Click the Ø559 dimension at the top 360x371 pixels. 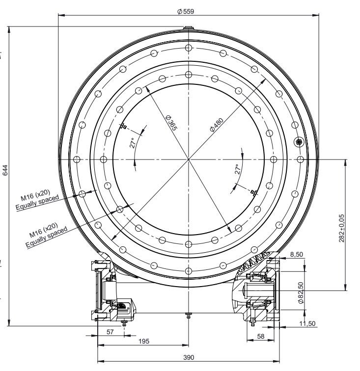[x=186, y=11]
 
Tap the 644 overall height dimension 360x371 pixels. [x=5, y=170]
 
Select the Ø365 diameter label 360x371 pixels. [x=171, y=123]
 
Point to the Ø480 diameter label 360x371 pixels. [x=217, y=125]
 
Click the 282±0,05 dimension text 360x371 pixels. [x=342, y=228]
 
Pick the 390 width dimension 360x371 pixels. [x=189, y=357]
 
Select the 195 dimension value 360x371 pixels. [x=144, y=341]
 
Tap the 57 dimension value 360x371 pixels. [x=110, y=332]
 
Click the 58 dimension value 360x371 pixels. [x=260, y=336]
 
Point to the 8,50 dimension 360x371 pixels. [x=297, y=254]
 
